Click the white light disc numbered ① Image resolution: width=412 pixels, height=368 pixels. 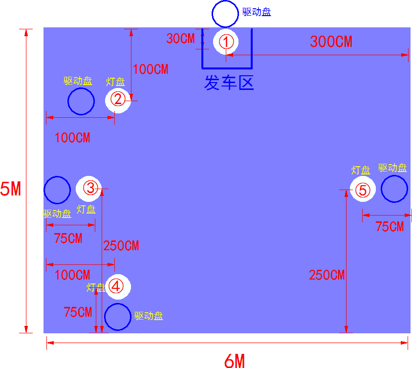tap(226, 42)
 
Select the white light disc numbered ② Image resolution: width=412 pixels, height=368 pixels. tap(118, 100)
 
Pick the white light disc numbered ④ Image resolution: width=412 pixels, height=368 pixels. tap(118, 286)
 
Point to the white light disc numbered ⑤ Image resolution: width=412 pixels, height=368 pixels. tap(363, 190)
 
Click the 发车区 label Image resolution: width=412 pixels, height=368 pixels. tap(229, 83)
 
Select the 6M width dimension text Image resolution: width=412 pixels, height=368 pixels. tap(235, 361)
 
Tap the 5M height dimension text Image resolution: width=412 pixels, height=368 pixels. tap(11, 188)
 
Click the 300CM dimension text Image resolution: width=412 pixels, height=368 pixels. tap(331, 42)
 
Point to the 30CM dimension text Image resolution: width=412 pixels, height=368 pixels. tap(180, 39)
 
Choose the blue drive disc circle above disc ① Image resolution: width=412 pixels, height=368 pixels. tap(225, 14)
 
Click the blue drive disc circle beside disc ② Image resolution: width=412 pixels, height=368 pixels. tap(81, 102)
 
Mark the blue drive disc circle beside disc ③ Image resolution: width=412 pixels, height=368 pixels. tap(57, 190)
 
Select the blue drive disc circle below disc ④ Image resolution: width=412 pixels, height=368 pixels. tap(118, 317)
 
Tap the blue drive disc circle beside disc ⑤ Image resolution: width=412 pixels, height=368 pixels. tap(394, 189)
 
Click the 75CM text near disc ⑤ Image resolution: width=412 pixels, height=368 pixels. tap(390, 227)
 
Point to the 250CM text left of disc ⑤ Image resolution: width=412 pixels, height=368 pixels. tap(326, 275)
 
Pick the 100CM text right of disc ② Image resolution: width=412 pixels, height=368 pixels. tap(151, 69)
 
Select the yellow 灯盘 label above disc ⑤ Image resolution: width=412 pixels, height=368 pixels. tap(361, 170)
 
